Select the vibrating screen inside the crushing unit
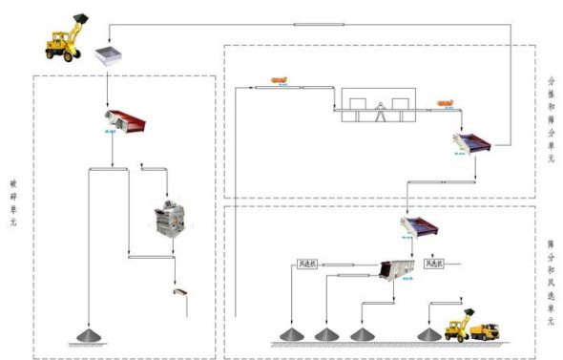pyautogui.click(x=126, y=121)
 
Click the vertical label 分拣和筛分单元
pyautogui.click(x=552, y=119)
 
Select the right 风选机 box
pyautogui.click(x=434, y=264)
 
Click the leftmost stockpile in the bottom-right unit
pyautogui.click(x=290, y=334)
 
